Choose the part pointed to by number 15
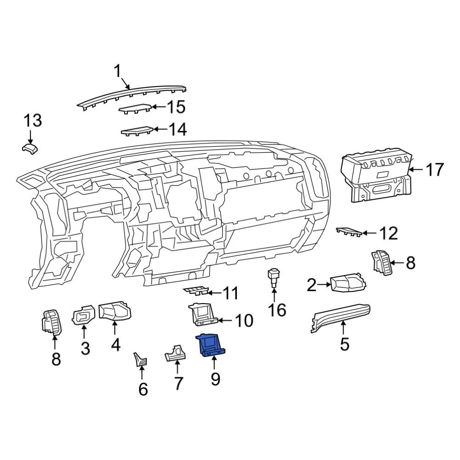[135, 109]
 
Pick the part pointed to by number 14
[137, 131]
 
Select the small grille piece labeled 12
[348, 231]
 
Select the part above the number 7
[175, 353]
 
